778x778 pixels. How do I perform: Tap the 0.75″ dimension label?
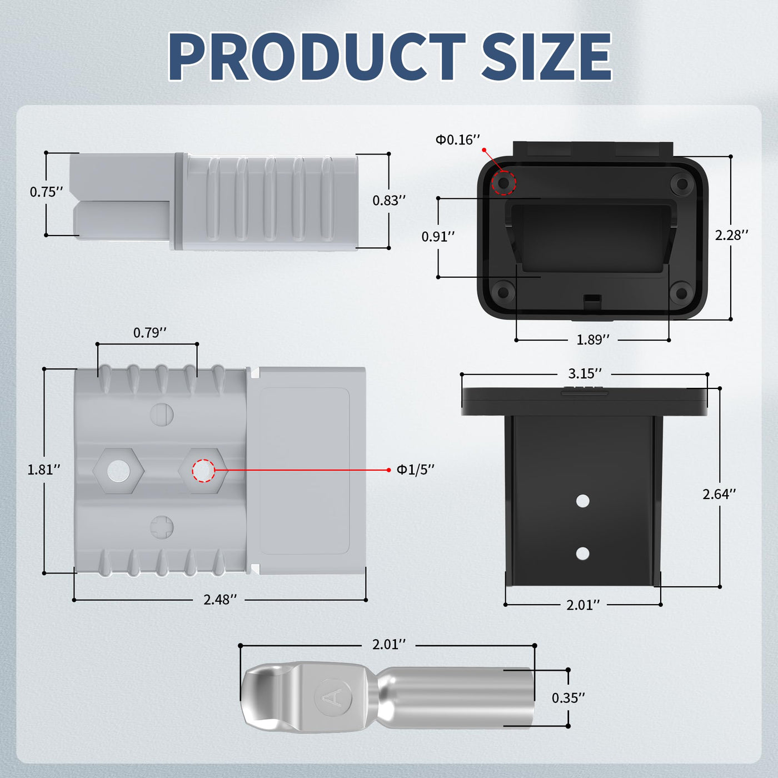(47, 192)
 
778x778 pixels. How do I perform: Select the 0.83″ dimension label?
(389, 201)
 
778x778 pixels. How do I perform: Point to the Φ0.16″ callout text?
(457, 139)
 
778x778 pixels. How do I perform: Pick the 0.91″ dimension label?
(438, 237)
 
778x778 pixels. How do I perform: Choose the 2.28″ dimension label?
(731, 236)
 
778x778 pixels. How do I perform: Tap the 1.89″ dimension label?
(593, 340)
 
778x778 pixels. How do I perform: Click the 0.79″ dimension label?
(150, 333)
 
